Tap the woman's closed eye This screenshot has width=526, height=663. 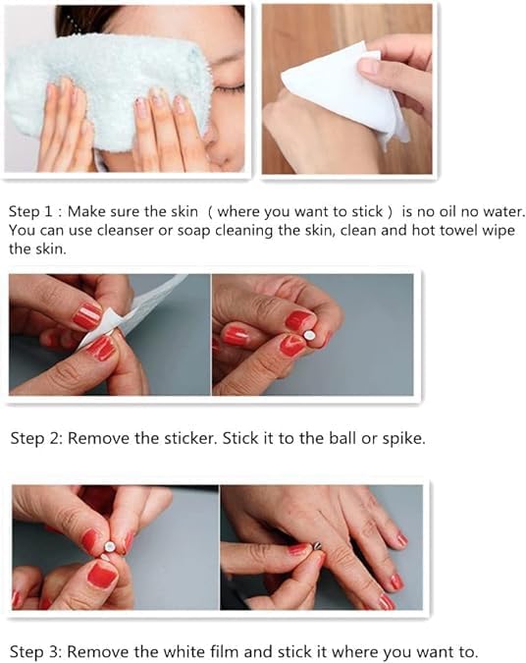coord(229,88)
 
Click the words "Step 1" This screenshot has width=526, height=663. coord(30,211)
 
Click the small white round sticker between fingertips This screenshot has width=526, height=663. coord(310,335)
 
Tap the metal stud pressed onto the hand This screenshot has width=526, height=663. coord(317,546)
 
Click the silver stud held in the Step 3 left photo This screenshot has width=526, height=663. coord(110,547)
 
